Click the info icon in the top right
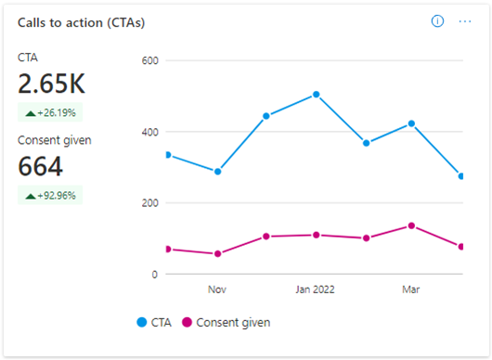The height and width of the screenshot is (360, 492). pyautogui.click(x=437, y=21)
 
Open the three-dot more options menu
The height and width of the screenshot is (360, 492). pyautogui.click(x=465, y=21)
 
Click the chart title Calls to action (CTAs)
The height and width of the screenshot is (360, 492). pyautogui.click(x=81, y=23)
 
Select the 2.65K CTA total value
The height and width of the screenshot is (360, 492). pyautogui.click(x=51, y=84)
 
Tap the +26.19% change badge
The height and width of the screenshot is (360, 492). pyautogui.click(x=50, y=112)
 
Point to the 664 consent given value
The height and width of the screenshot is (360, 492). pyautogui.click(x=40, y=166)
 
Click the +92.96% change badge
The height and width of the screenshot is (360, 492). pyautogui.click(x=50, y=195)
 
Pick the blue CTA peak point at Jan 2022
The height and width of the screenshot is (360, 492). pyautogui.click(x=316, y=95)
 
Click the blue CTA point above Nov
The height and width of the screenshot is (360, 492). pyautogui.click(x=217, y=172)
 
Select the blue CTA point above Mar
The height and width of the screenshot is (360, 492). pyautogui.click(x=411, y=124)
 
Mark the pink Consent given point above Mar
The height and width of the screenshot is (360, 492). pyautogui.click(x=411, y=225)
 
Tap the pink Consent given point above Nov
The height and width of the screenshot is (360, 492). pyautogui.click(x=217, y=253)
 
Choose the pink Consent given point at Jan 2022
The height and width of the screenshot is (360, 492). pyautogui.click(x=316, y=235)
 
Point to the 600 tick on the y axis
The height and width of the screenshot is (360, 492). pyautogui.click(x=149, y=60)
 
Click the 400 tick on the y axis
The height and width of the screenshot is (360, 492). pyautogui.click(x=149, y=132)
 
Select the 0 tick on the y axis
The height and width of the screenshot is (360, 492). pyautogui.click(x=154, y=275)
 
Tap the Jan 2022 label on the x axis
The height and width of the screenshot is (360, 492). pyautogui.click(x=315, y=289)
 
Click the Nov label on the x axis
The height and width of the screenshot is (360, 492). pyautogui.click(x=217, y=289)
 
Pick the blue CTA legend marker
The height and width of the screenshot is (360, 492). pyautogui.click(x=142, y=322)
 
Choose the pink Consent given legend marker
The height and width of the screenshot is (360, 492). pyautogui.click(x=187, y=322)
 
